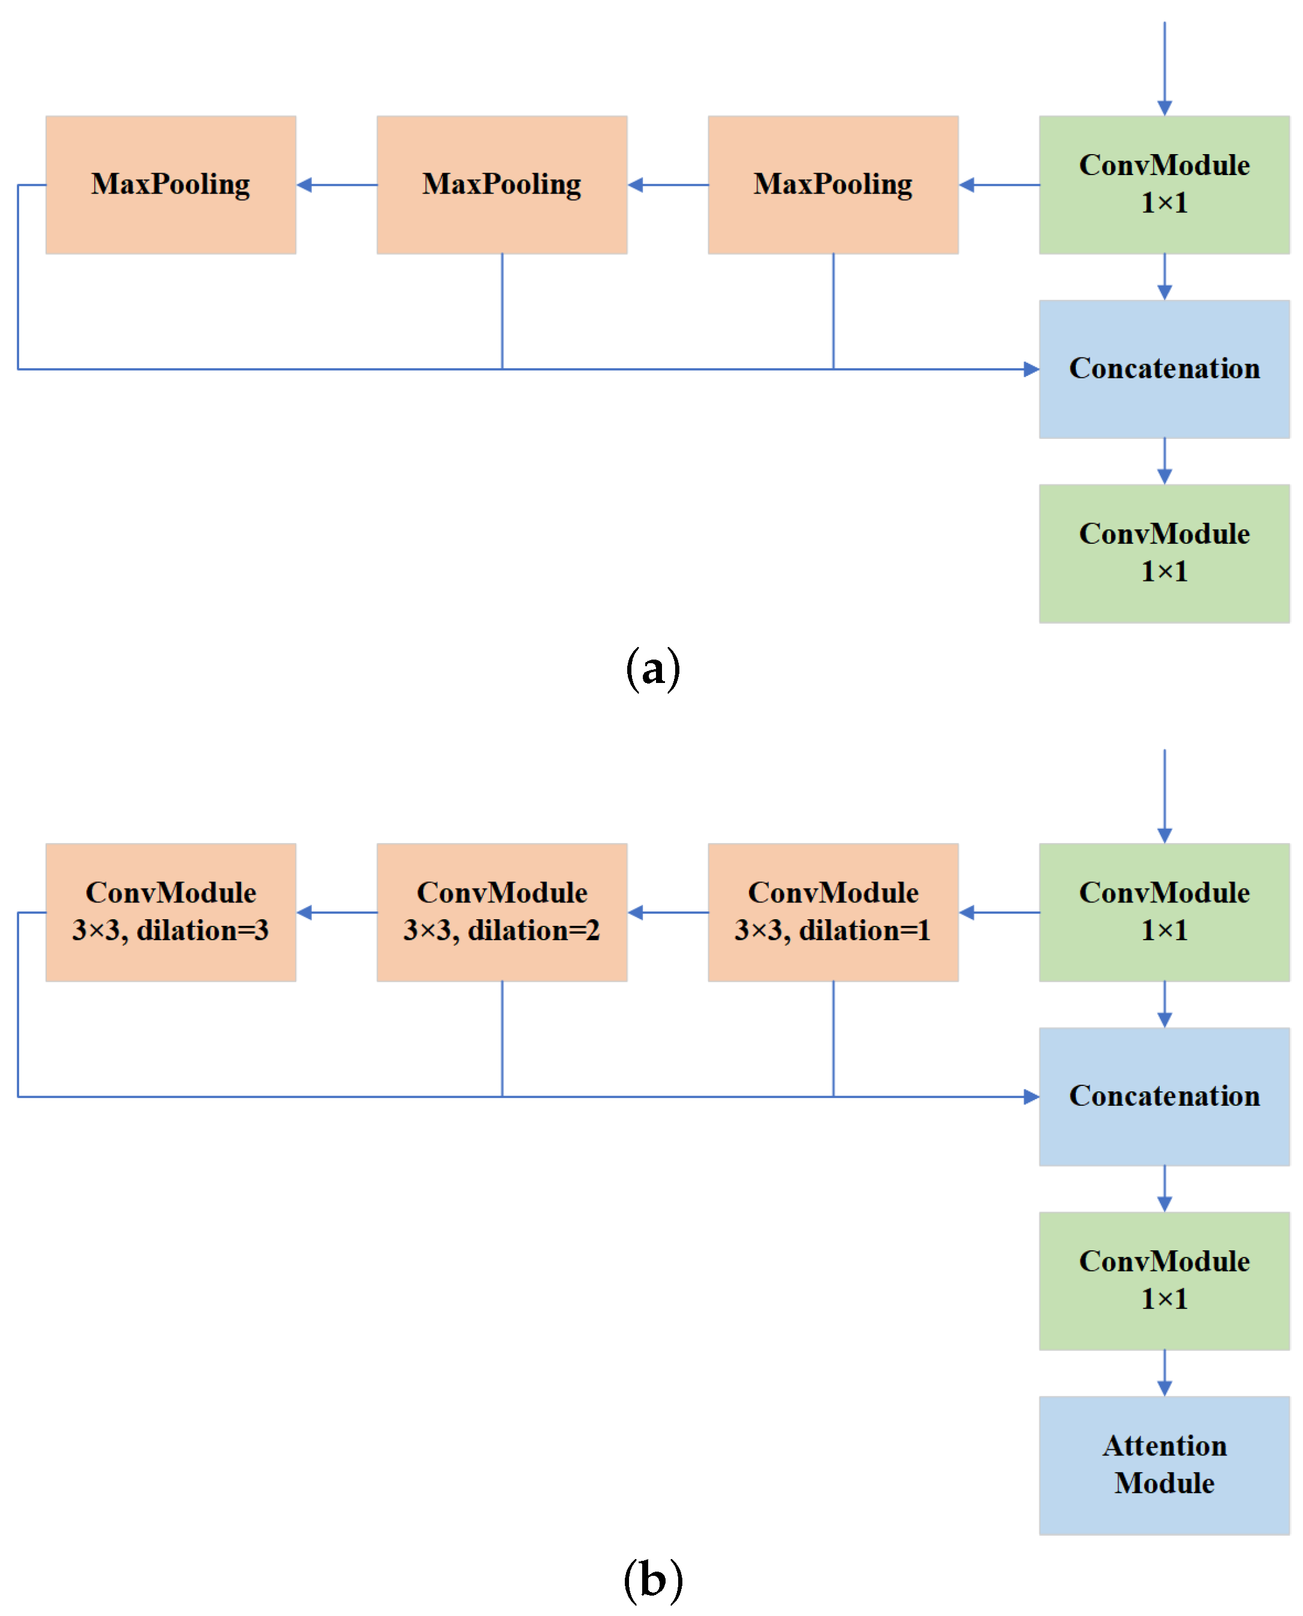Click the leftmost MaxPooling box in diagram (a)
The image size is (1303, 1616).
170,185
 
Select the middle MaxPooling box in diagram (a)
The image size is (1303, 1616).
501,185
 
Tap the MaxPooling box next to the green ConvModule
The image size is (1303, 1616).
832,185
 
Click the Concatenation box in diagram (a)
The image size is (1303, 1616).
1163,369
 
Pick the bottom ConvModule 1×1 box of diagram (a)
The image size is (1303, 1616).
1163,553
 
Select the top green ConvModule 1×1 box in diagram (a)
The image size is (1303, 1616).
1163,185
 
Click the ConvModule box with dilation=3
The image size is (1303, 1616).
170,912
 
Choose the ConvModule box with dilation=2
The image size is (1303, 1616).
501,912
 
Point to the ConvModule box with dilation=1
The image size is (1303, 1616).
832,912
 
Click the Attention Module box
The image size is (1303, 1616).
1163,1465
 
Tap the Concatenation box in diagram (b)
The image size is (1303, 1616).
1163,1096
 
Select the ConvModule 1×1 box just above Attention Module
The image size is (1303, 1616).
1163,1280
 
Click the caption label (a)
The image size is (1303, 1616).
652,668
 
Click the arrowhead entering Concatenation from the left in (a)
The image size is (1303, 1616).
1031,369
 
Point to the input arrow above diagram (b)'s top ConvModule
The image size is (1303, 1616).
1164,796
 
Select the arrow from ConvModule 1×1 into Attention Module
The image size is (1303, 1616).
1164,1373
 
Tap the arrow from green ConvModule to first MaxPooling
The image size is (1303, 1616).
998,185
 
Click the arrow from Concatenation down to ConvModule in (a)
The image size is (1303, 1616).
1164,461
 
